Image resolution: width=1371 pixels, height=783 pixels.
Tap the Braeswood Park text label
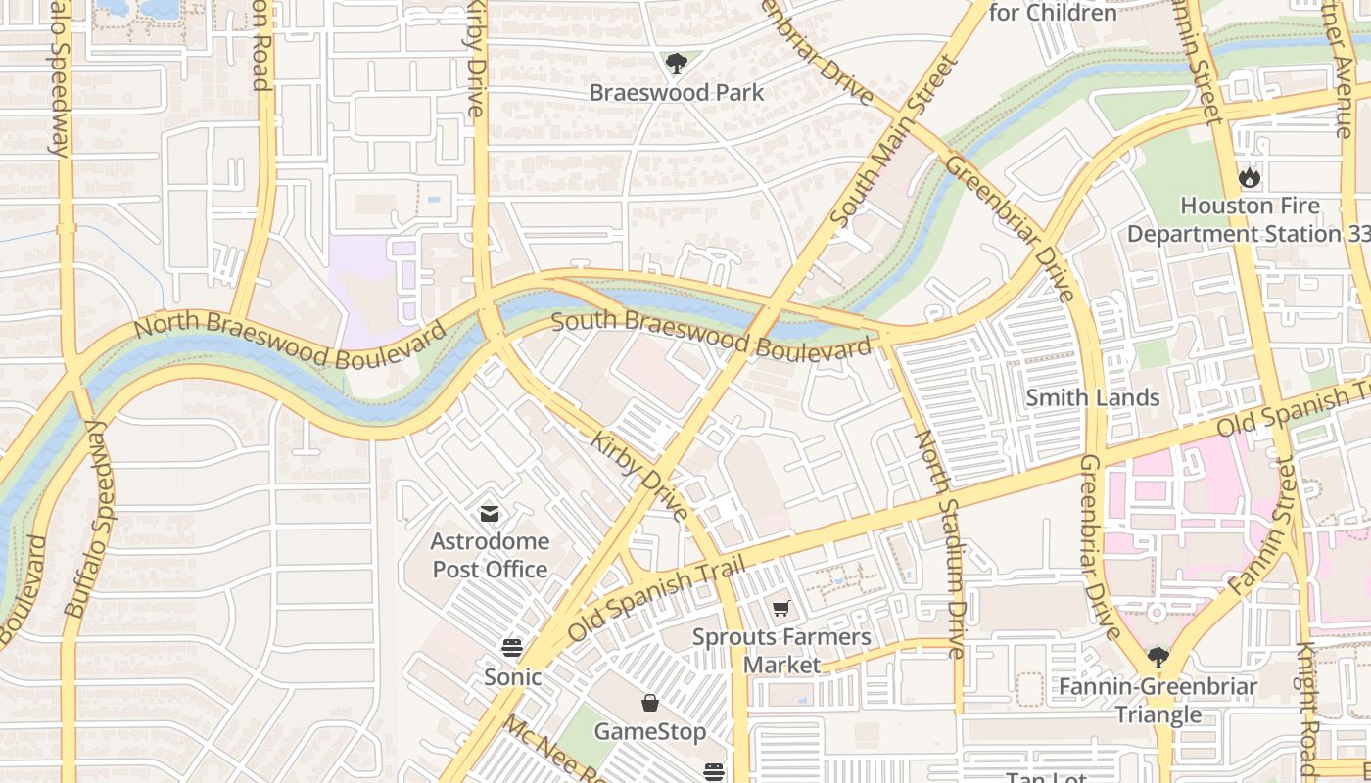(x=676, y=93)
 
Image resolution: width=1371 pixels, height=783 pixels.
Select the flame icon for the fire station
(x=1250, y=178)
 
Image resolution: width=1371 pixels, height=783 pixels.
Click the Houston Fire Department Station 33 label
(x=1250, y=220)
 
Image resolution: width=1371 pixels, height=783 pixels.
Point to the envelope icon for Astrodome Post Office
(x=490, y=514)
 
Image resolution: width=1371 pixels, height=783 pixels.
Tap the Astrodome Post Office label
(x=490, y=555)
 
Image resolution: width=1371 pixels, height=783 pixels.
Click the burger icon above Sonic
(x=512, y=648)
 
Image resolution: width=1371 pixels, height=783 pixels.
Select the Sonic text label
(x=512, y=677)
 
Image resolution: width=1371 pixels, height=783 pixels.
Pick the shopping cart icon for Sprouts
(x=780, y=609)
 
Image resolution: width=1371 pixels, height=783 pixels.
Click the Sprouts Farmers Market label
(x=780, y=651)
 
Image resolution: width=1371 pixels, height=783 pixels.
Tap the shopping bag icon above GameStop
(x=649, y=703)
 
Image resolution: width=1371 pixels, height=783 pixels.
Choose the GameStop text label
(x=649, y=732)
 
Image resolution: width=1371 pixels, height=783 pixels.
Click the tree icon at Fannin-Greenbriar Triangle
(x=1158, y=657)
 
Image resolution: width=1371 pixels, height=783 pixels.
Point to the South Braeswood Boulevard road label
(x=710, y=333)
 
